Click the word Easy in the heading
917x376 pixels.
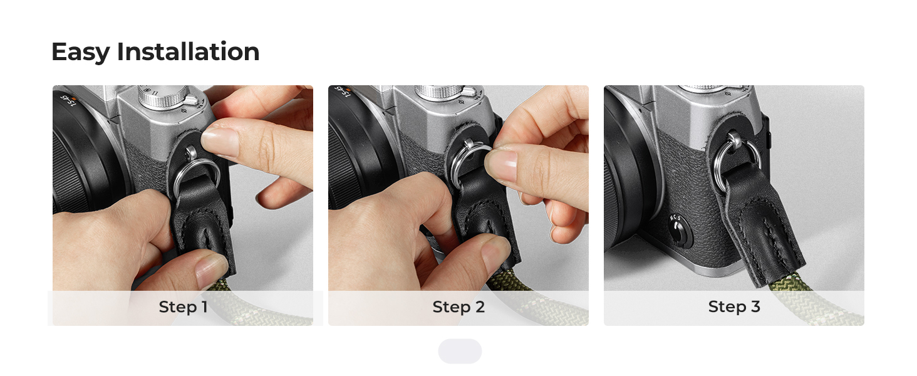click(81, 53)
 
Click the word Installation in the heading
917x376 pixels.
click(189, 51)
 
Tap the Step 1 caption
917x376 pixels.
click(183, 307)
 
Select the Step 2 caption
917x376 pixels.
click(458, 307)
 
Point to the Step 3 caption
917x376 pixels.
click(734, 307)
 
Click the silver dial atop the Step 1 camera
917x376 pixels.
click(163, 97)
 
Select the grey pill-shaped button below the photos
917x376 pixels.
click(460, 351)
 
